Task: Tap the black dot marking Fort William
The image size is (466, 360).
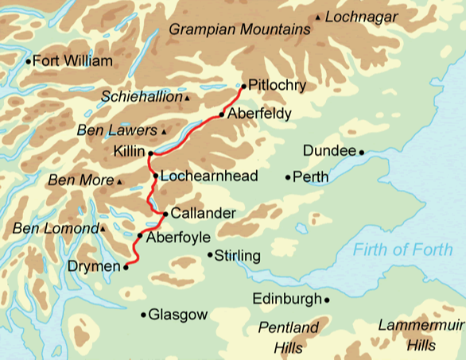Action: [29, 61]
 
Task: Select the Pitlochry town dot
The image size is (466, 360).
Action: [243, 84]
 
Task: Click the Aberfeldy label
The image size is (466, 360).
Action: [259, 114]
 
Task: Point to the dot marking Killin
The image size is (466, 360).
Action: [150, 151]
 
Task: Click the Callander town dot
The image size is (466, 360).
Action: [165, 214]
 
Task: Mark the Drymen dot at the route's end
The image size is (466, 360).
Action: [126, 269]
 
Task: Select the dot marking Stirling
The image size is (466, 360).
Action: [210, 255]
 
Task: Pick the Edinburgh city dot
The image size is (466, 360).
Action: [327, 300]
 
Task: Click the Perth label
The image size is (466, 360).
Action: [311, 176]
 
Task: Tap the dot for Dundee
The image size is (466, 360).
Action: [361, 151]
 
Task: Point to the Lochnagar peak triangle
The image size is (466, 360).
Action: [319, 17]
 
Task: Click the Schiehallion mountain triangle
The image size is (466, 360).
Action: [188, 98]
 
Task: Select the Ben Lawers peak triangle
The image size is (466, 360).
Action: [164, 131]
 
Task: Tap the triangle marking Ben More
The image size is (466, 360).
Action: [119, 182]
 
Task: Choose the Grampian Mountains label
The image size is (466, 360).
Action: [239, 30]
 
